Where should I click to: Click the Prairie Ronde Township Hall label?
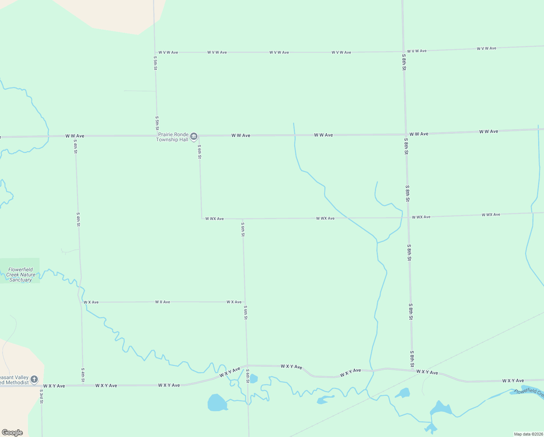[x=173, y=137]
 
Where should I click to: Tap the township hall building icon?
[x=194, y=137]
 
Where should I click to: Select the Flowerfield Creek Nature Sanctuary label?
[x=21, y=275]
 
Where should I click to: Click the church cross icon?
[x=34, y=379]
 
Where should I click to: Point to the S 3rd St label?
[x=41, y=397]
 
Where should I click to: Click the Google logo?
[x=12, y=433]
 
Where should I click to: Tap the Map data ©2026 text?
[x=528, y=434]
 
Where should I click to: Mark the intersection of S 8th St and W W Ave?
[x=406, y=134]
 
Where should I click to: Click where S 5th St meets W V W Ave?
[x=155, y=52]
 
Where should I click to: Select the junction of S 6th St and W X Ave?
[x=245, y=302]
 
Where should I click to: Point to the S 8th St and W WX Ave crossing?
[x=408, y=218]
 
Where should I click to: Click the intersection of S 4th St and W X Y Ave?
[x=83, y=385]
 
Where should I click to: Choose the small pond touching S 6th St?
[x=253, y=379]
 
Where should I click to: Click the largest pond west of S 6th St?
[x=217, y=403]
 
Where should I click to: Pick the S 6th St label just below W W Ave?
[x=199, y=151]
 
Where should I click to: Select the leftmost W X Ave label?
[x=91, y=302]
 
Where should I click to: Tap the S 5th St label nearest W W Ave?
[x=157, y=123]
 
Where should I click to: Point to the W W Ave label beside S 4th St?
[x=75, y=136]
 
